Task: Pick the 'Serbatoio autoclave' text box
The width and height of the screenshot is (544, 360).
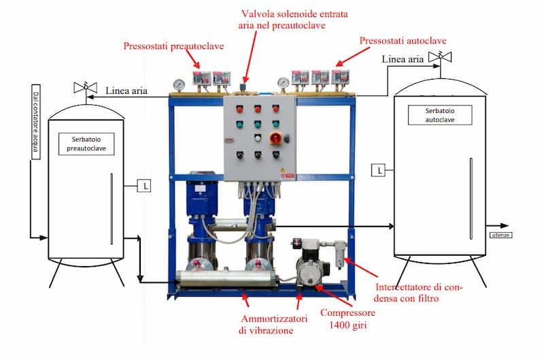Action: [x=439, y=114]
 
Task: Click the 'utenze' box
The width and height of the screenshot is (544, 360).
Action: [x=500, y=235]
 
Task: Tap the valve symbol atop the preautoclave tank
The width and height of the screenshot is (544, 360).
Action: [x=85, y=88]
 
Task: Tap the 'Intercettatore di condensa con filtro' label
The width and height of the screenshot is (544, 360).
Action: [x=419, y=292]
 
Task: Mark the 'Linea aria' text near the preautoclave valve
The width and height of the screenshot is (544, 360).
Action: [x=126, y=90]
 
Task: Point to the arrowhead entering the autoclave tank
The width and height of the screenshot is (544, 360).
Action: [x=391, y=225]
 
